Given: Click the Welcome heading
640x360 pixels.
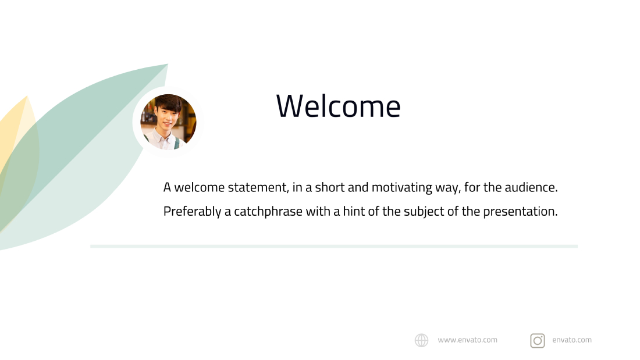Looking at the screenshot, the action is pos(339,106).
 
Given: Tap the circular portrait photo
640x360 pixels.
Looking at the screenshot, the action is pos(168,122).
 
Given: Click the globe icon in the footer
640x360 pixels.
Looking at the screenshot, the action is pos(422,340).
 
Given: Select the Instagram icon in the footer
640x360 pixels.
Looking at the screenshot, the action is pos(538,340).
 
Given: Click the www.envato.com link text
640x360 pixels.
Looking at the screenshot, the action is pos(467,340).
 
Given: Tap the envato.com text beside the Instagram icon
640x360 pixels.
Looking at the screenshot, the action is pos(572,340).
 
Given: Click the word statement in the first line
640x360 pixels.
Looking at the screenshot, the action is pos(258,187).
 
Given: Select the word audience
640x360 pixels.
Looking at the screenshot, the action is pos(531,187).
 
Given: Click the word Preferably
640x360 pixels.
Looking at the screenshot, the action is pos(192,212).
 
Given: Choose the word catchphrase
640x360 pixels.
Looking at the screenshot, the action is pos(268,212).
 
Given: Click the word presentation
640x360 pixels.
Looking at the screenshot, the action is pos(520,212).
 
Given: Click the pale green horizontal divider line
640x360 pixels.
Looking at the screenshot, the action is pos(334,246).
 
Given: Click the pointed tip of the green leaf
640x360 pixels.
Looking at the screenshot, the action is pos(168,64).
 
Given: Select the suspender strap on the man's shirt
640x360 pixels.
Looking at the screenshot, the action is pos(177,143).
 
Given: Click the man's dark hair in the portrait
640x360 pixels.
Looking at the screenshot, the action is pos(168,102).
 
